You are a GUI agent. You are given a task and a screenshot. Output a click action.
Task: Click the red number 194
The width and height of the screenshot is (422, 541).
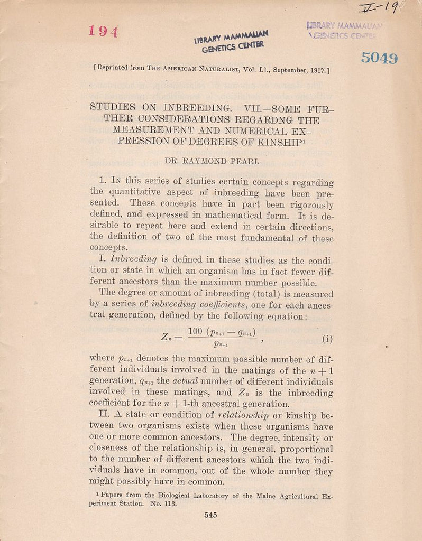[x=103, y=31]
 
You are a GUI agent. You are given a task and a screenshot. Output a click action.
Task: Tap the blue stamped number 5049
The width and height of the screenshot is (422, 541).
[x=379, y=58]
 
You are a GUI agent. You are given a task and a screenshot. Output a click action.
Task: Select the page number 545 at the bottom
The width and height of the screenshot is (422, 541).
[x=210, y=516]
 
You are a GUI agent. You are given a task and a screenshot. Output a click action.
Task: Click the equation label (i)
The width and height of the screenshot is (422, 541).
[x=328, y=339]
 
